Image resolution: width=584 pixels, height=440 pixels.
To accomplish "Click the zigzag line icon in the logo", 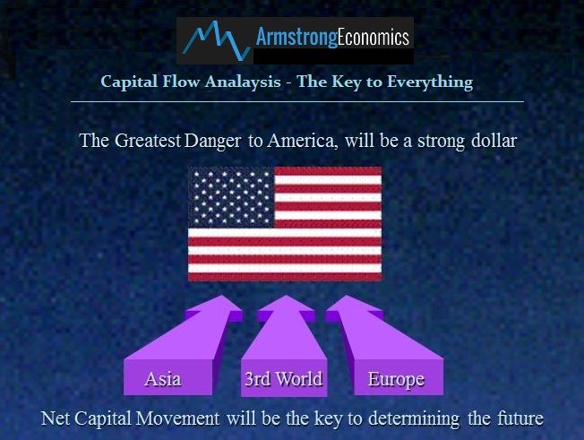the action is point(217,39).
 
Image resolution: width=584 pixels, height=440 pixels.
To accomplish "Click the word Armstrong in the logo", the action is point(296,39).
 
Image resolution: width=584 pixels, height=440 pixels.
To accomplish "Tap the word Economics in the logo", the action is point(374,37).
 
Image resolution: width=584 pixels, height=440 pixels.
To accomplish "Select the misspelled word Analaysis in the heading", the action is point(243,82).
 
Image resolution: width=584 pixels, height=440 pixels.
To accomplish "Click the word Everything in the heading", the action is point(430,82).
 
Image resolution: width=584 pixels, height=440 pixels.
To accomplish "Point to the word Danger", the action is point(212,142).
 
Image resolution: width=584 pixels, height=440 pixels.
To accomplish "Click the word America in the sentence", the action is point(303,141).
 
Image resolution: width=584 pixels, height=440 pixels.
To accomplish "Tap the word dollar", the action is point(494,141).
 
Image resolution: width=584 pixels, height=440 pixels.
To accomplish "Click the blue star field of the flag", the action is point(231,197).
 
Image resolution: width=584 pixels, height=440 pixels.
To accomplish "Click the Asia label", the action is point(163,379).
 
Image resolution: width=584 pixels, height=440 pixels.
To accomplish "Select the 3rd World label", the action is point(284,379).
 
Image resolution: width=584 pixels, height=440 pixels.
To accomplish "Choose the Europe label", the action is point(396,380).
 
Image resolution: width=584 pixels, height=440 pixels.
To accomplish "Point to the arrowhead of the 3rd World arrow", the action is point(286,307).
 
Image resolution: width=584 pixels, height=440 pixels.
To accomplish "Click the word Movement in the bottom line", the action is point(177,418).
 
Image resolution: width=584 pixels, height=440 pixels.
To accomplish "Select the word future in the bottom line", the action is point(520,418).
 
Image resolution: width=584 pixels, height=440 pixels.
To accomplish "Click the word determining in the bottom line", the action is point(414,419).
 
